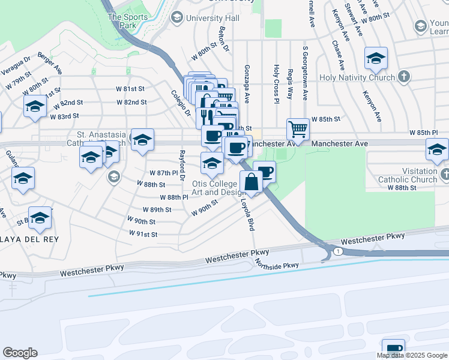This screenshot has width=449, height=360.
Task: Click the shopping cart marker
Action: click(x=298, y=128)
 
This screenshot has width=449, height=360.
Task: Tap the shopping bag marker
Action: click(x=252, y=182)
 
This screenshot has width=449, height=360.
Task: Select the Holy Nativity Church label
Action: click(x=366, y=77)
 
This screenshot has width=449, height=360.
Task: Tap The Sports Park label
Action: click(x=127, y=21)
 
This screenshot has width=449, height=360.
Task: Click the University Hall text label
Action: click(x=212, y=18)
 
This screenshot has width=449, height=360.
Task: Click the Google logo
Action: click(x=20, y=353)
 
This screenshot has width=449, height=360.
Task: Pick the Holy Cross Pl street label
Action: click(x=276, y=85)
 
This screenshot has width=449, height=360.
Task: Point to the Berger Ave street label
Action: click(x=50, y=62)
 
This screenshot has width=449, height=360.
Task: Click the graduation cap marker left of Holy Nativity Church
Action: click(x=376, y=58)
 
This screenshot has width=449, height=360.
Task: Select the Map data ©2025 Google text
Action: click(x=412, y=355)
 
